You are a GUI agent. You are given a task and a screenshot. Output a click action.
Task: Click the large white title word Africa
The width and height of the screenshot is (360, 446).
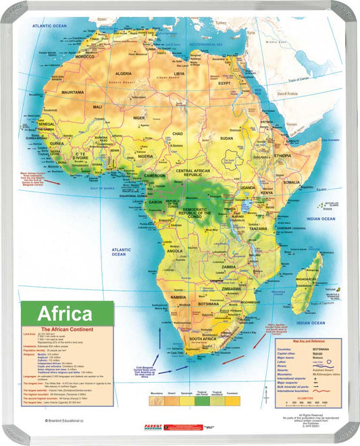coord(65,314)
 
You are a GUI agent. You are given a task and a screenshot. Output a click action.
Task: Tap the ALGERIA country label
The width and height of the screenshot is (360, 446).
coord(124,73)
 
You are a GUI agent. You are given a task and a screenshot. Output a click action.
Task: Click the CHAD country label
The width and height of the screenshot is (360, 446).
coord(178,134)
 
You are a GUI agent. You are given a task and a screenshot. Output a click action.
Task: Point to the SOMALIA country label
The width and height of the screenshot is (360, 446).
coord(292,182)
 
